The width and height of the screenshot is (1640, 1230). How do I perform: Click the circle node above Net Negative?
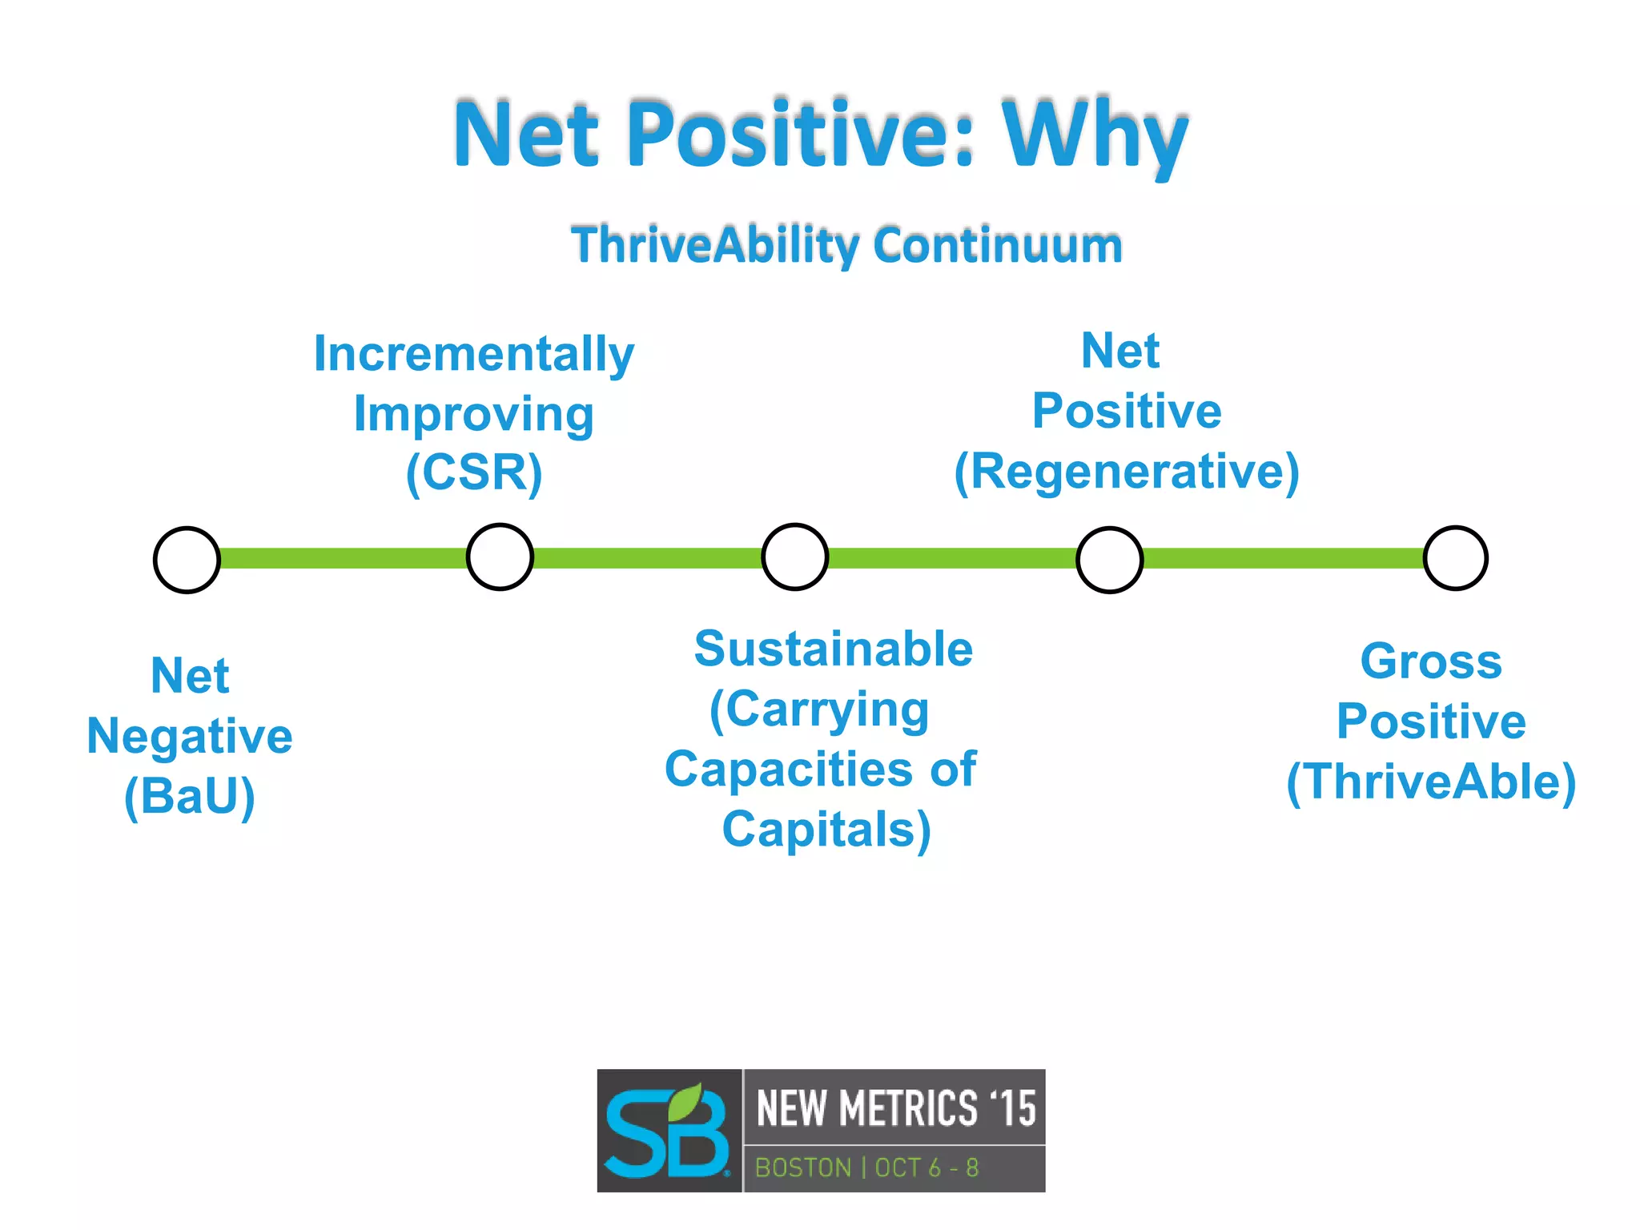pos(187,560)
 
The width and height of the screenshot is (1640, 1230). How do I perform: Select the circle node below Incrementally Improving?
pos(500,557)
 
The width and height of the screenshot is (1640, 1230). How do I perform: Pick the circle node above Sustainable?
pos(794,557)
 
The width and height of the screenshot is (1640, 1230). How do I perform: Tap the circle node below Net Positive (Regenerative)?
pos(1109,560)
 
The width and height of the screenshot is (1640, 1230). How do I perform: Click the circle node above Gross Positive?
pos(1455,558)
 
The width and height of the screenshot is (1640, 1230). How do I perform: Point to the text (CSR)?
pos(474,472)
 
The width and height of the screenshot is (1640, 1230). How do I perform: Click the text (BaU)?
pos(190,797)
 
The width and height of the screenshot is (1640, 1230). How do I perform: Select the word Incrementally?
pos(474,354)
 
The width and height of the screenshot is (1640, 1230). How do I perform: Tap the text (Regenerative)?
pos(1126,472)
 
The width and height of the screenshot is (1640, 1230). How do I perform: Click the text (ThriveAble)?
pos(1431,782)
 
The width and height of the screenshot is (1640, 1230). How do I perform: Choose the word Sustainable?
pos(833,649)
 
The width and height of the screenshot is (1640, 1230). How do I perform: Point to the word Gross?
pos(1431,662)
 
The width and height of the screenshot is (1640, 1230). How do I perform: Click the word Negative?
pos(190,737)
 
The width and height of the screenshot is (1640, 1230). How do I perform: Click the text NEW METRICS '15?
pos(895,1108)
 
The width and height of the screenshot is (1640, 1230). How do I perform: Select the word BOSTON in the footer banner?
pos(803,1168)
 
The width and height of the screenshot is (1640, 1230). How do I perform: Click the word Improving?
pos(474,415)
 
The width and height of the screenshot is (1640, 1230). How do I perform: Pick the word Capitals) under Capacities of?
pos(826,830)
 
